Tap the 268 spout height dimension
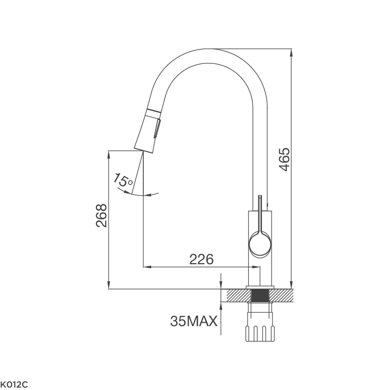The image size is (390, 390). click(x=101, y=215)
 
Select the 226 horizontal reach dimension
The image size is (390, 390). click(x=201, y=259)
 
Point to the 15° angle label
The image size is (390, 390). click(x=122, y=180)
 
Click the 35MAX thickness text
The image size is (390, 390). click(x=194, y=321)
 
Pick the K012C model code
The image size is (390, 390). click(x=15, y=384)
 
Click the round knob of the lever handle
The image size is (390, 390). click(x=260, y=243)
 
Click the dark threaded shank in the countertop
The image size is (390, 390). click(x=261, y=295)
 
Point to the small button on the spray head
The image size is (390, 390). click(x=156, y=129)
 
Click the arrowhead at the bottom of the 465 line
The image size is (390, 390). click(x=291, y=285)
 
